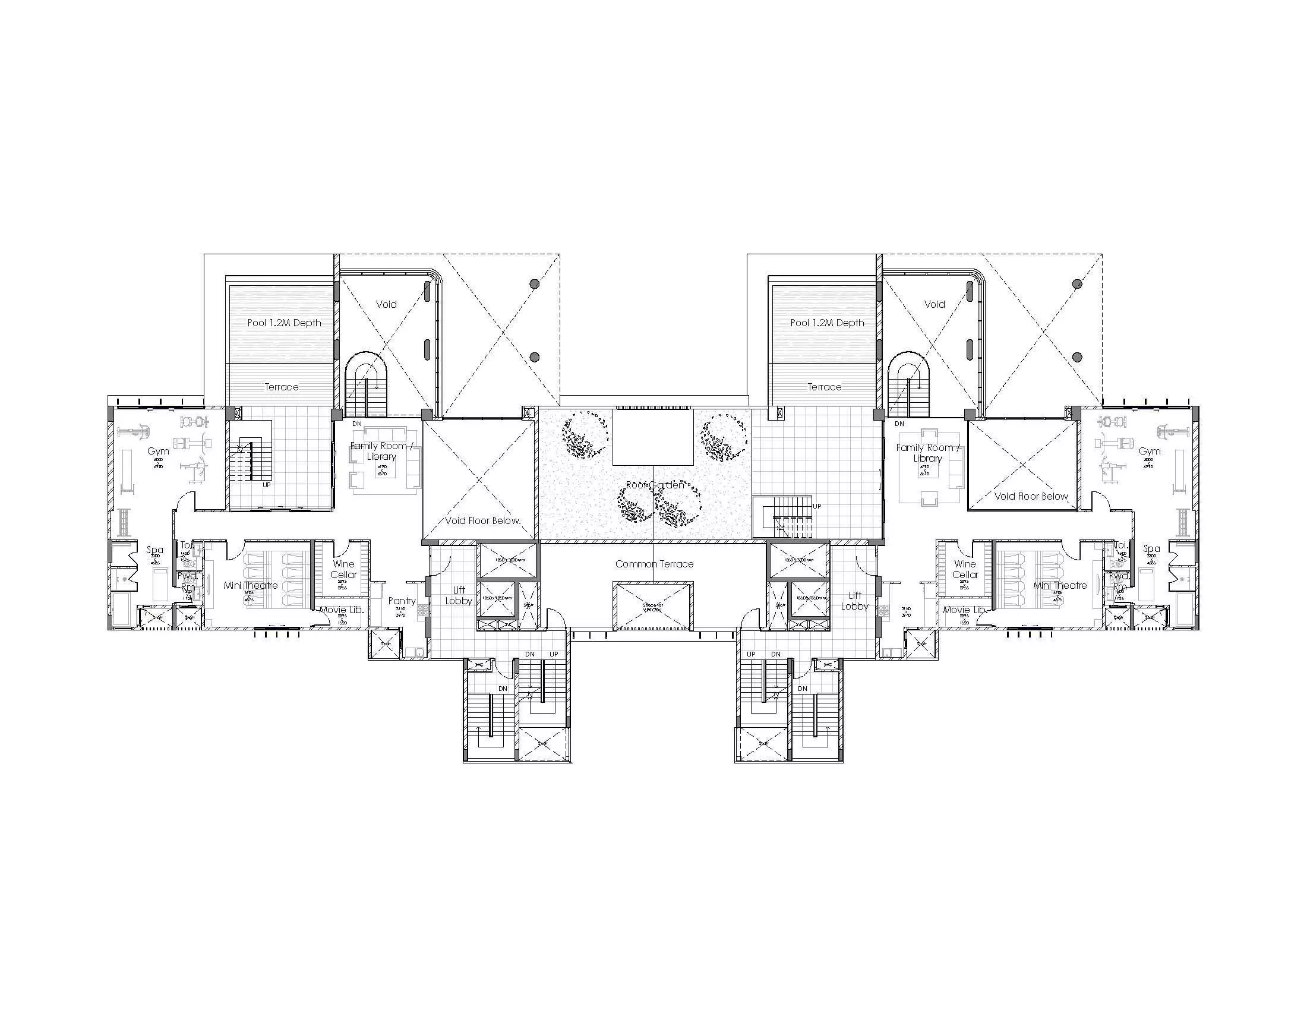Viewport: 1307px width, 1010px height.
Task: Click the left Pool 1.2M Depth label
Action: coord(284,323)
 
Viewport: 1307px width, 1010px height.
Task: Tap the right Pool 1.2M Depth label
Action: coord(827,323)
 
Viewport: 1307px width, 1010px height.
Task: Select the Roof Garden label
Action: coord(655,485)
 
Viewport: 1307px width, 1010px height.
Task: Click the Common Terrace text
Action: coord(654,564)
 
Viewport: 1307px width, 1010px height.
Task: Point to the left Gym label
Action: coord(158,451)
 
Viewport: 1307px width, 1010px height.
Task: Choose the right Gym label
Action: coord(1149,451)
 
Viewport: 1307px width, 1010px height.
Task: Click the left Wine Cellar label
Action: coord(343,569)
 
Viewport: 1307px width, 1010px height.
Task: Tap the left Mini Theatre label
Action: coord(251,585)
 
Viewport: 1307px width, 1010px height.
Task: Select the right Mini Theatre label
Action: coord(1059,585)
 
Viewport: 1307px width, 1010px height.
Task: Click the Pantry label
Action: coord(402,601)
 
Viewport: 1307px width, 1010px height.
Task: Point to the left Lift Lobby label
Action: coord(459,595)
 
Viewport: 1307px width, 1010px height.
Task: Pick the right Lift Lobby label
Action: coord(854,600)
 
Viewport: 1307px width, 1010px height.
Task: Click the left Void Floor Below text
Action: coord(482,520)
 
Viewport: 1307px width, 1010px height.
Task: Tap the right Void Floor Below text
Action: coord(1031,496)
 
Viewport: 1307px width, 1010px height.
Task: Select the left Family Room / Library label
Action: coord(382,450)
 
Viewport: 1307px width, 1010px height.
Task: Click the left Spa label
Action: coord(154,550)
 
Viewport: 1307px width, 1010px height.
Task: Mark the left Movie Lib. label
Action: coord(341,610)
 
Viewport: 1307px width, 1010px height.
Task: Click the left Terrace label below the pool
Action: coord(281,387)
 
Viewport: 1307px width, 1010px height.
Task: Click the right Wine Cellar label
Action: coord(965,569)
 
